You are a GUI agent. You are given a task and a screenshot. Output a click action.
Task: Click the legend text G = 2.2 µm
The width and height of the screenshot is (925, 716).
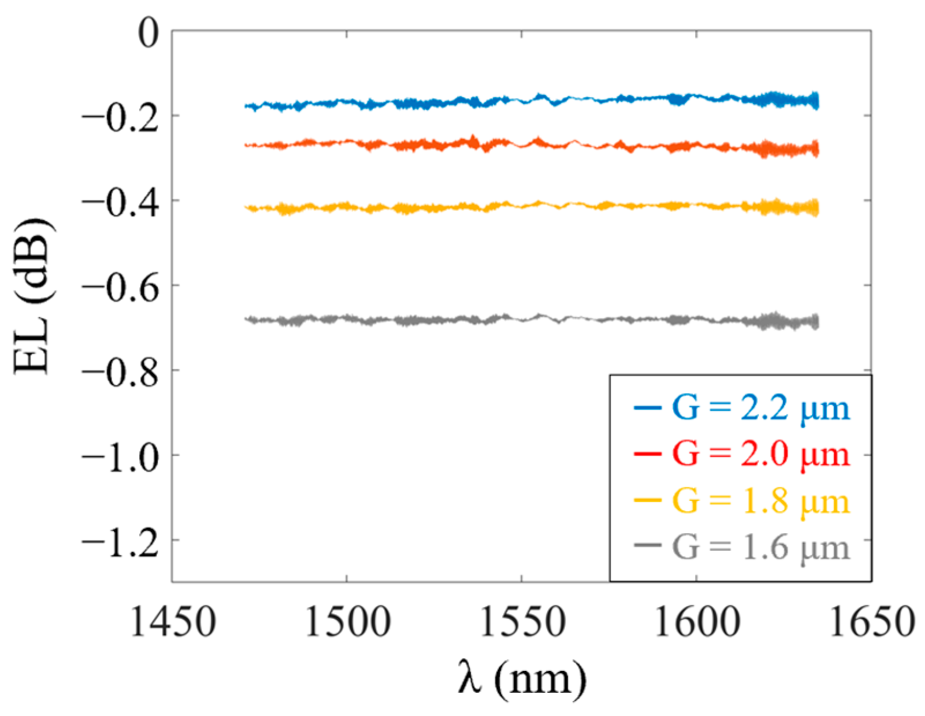click(x=760, y=409)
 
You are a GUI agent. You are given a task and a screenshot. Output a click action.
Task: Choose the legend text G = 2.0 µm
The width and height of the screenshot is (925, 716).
click(x=760, y=455)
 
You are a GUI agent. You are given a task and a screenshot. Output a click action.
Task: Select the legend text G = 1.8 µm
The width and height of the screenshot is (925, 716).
click(x=760, y=501)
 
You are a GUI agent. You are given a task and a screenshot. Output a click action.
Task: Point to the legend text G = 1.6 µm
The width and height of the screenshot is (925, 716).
click(x=760, y=547)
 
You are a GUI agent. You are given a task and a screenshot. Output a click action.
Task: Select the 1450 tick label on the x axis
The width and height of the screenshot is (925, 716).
click(x=173, y=622)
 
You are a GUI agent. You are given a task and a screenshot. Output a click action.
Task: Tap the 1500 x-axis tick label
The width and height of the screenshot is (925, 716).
click(x=347, y=622)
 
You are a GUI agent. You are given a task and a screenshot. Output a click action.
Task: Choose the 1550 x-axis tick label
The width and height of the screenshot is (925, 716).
click(x=522, y=622)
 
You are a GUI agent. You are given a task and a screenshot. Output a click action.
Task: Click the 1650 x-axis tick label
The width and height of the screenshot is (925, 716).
click(x=871, y=622)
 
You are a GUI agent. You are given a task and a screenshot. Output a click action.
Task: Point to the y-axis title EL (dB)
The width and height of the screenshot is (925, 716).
click(x=33, y=296)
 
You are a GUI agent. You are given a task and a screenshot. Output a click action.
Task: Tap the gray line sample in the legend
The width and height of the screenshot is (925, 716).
click(x=647, y=546)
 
